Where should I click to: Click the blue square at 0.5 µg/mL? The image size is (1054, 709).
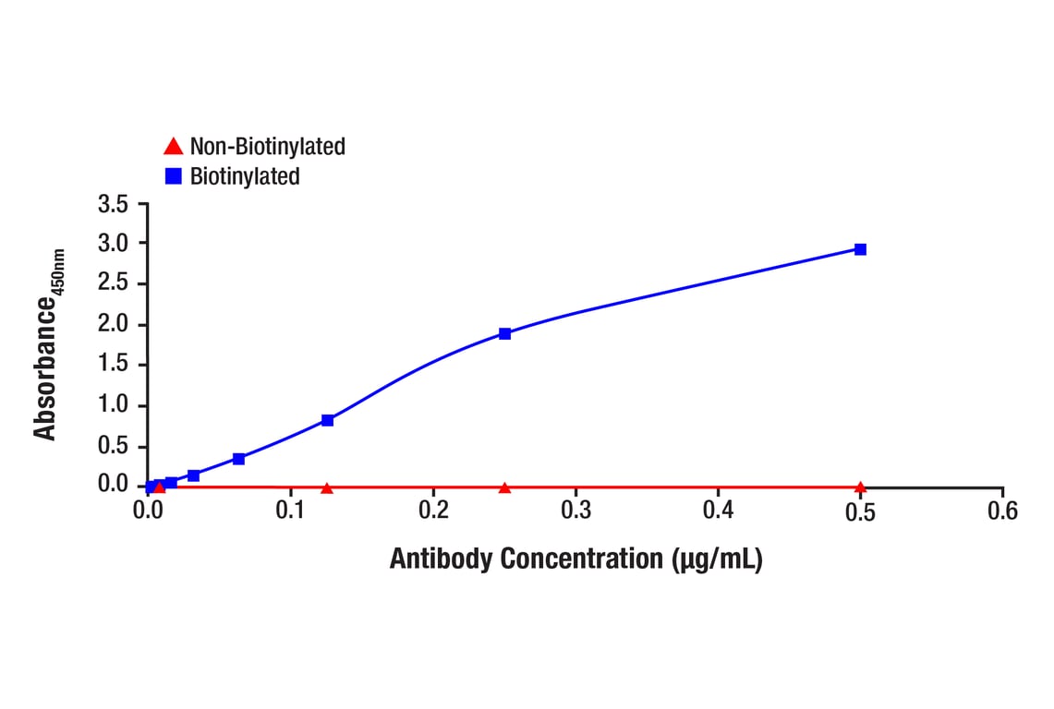[x=860, y=249]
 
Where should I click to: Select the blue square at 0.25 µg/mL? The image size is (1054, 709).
[x=504, y=333]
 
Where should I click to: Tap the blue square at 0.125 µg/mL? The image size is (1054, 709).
[x=327, y=420]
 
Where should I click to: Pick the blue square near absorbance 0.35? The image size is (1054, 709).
[x=238, y=459]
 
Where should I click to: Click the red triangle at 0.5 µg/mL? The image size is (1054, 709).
[x=860, y=487]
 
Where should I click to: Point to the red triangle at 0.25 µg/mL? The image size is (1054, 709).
[x=504, y=487]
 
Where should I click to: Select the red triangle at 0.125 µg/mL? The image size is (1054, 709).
[x=327, y=487]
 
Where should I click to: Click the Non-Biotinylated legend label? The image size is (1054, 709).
[x=267, y=146]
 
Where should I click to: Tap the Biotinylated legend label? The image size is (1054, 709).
[x=245, y=176]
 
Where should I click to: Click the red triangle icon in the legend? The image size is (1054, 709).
[x=173, y=146]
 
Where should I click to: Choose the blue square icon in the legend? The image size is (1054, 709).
[x=173, y=176]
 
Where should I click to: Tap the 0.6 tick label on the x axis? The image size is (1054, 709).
[x=1002, y=511]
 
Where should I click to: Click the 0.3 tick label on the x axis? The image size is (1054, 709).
[x=575, y=511]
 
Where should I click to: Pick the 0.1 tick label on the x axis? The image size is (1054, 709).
[x=290, y=511]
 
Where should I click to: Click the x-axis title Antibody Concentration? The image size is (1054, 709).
[x=575, y=559]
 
